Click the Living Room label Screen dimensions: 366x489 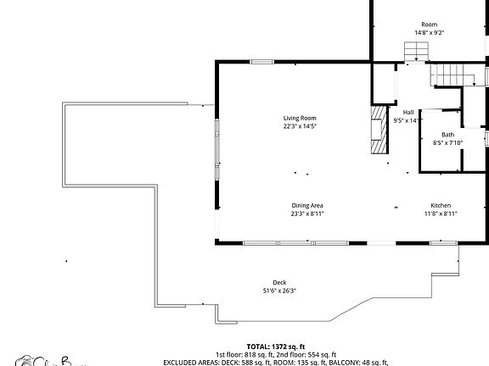point(300,118)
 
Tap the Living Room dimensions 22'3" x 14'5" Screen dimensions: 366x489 point(300,126)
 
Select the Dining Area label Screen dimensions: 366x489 point(307,205)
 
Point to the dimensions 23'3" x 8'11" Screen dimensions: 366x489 point(307,213)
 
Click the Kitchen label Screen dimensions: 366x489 point(441,206)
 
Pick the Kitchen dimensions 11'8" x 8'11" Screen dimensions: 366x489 point(441,213)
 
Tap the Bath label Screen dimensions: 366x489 point(447,136)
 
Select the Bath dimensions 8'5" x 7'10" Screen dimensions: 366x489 point(447,143)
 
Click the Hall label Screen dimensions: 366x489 point(408,112)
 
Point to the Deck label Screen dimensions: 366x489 point(279,282)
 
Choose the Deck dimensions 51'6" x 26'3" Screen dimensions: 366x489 point(279,291)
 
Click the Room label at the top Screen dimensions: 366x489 point(429,25)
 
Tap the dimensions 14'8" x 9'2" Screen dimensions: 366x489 point(429,33)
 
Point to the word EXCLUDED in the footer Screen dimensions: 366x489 point(181,362)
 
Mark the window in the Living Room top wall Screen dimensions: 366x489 point(261,61)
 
